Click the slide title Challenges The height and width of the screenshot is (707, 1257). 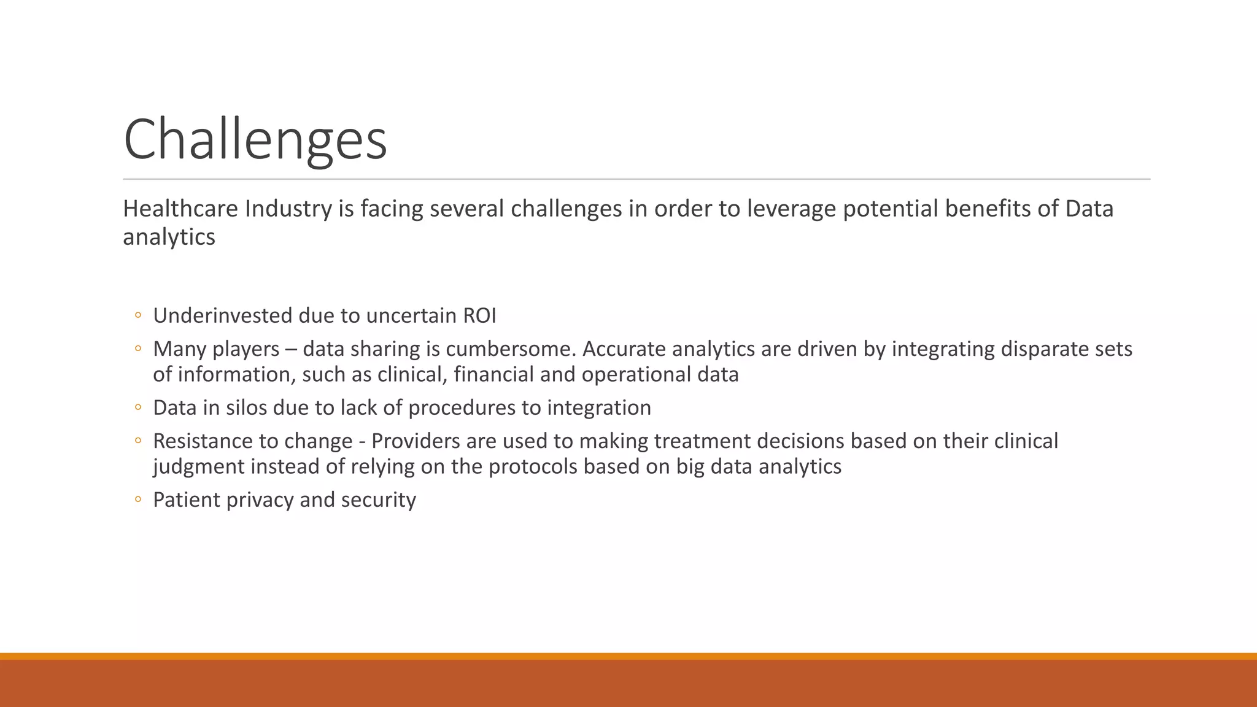pyautogui.click(x=255, y=140)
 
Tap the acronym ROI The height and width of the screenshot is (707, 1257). pyautogui.click(x=479, y=316)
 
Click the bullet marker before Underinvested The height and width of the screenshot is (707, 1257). pyautogui.click(x=138, y=316)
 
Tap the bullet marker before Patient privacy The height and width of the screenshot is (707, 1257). pyautogui.click(x=138, y=500)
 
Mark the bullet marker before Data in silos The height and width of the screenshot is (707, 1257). pyautogui.click(x=138, y=408)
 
